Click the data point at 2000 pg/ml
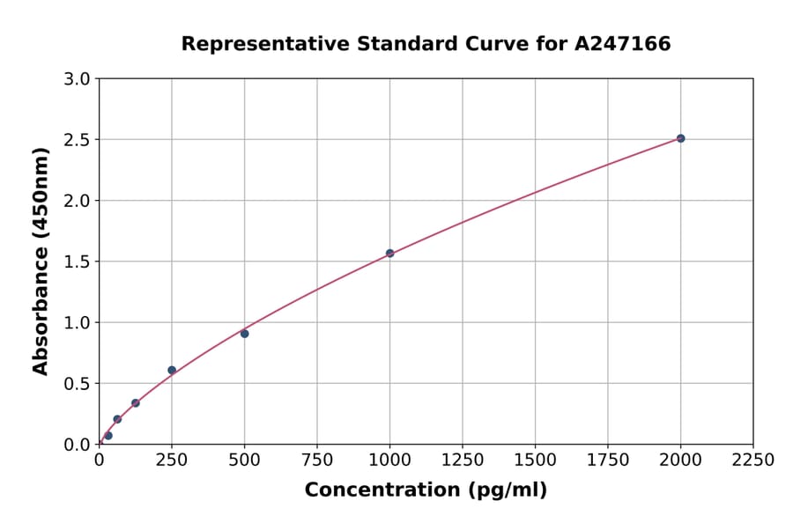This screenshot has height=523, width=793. point(680,138)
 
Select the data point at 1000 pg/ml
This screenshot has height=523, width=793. point(389,254)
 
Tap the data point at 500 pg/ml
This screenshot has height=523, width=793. point(244,334)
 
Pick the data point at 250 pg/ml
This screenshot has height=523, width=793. point(172,370)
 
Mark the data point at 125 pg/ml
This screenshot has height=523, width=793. point(136,403)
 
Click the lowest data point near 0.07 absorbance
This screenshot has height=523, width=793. point(108,436)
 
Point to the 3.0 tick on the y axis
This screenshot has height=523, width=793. point(78,79)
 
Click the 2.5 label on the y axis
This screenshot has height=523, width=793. point(78,140)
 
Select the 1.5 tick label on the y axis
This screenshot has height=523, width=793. point(78,261)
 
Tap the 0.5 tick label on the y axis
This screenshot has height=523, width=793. point(78,384)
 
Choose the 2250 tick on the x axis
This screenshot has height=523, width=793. point(752,460)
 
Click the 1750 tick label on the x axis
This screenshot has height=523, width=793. point(607,460)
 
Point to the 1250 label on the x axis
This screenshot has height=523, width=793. point(462,460)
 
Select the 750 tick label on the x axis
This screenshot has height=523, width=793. point(317,460)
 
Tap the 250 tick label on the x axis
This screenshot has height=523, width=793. point(172,460)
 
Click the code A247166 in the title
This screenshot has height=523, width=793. point(623,44)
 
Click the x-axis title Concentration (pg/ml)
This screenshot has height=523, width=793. point(426,490)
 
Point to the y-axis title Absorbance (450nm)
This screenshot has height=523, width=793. point(41,261)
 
